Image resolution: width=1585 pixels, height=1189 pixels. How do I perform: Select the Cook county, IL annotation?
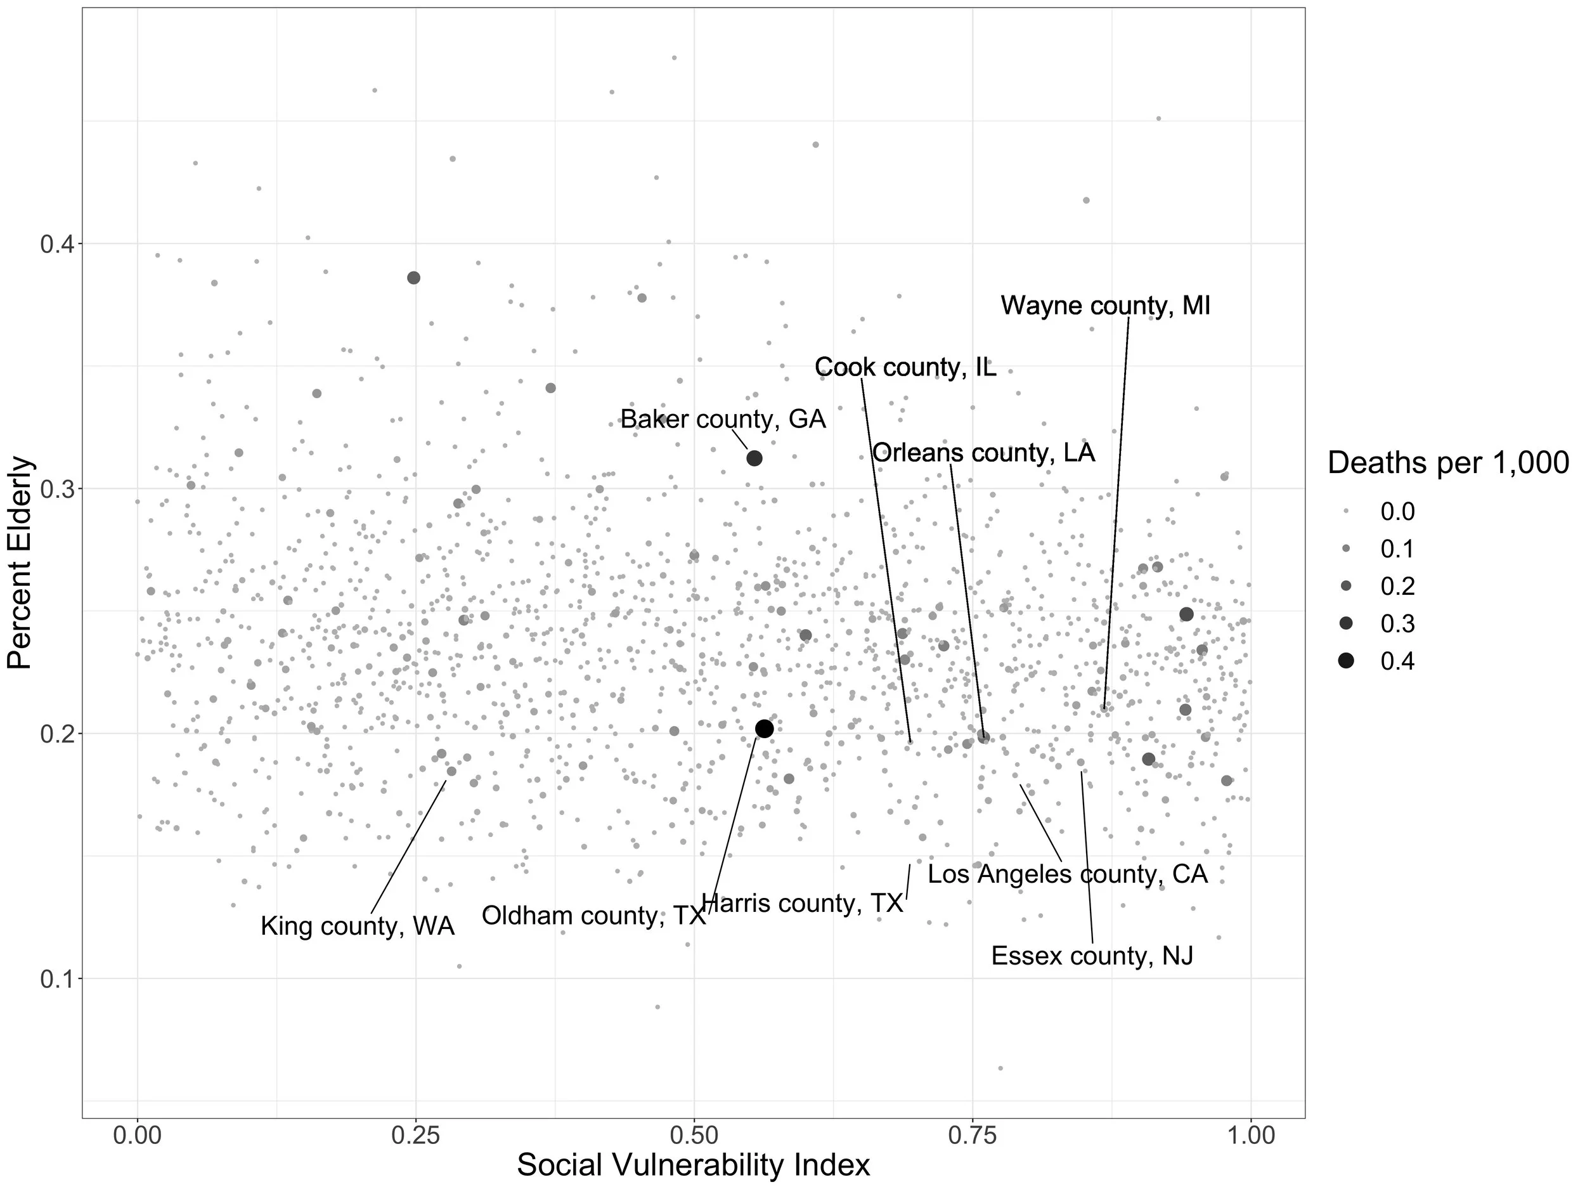pos(905,368)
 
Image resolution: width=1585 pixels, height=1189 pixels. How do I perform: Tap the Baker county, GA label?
pos(722,419)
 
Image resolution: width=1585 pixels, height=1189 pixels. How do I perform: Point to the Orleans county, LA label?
pos(983,453)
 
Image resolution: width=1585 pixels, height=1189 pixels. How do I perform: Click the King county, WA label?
pos(357,926)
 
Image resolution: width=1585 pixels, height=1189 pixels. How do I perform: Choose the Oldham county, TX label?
pos(593,916)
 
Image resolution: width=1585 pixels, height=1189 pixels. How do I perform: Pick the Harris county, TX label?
pos(802,904)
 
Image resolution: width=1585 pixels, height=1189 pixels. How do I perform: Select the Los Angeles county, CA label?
pos(1068,874)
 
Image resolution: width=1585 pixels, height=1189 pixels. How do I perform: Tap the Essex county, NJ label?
pos(1092,956)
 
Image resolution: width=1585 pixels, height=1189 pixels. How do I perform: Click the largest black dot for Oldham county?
pos(765,729)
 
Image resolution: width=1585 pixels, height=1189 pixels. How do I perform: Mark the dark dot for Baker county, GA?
pos(754,458)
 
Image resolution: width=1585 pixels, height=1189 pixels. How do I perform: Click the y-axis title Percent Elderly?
pos(20,563)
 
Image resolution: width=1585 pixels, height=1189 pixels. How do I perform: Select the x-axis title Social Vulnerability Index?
pos(693,1165)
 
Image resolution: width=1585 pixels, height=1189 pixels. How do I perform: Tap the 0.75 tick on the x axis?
pos(973,1136)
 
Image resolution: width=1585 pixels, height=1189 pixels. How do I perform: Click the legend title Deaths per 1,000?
pos(1448,463)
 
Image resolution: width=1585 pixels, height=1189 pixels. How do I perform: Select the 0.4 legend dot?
pos(1346,661)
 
